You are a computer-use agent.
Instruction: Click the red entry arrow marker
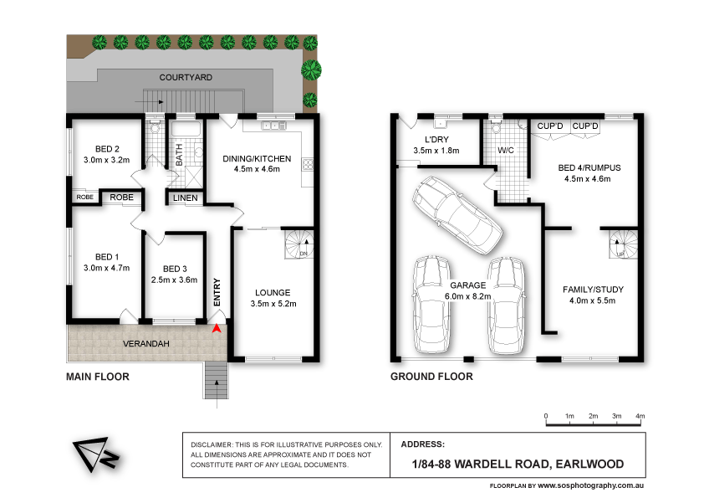point(218,329)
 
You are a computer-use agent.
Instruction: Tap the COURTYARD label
point(186,77)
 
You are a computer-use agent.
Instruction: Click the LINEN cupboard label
point(186,198)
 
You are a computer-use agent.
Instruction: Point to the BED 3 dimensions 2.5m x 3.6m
point(174,280)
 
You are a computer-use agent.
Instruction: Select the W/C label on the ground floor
point(506,151)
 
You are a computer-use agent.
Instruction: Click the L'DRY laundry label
point(436,139)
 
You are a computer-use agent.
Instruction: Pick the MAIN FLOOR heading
point(98,377)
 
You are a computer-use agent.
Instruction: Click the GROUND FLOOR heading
point(431,377)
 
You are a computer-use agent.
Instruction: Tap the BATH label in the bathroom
point(179,155)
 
